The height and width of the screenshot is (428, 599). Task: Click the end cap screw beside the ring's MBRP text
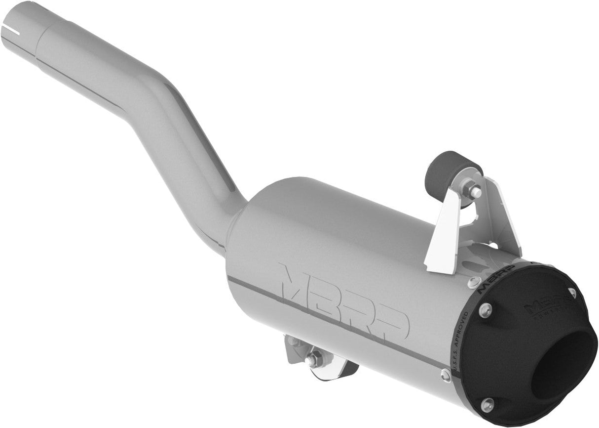(x=485, y=310)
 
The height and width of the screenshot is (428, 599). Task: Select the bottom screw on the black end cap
(x=487, y=404)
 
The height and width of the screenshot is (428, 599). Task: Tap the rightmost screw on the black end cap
(x=572, y=292)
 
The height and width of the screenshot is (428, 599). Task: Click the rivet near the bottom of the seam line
(x=446, y=375)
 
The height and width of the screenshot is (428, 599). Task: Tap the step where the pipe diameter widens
(x=39, y=32)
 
